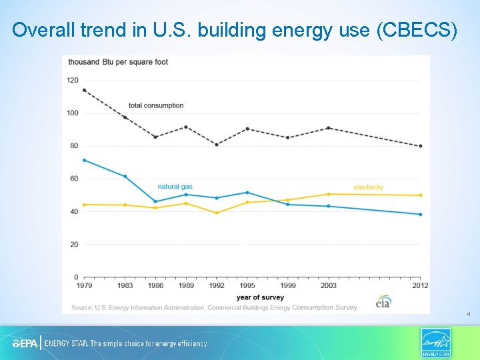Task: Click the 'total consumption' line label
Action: (156, 105)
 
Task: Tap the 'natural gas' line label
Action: (175, 187)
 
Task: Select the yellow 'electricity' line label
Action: (368, 187)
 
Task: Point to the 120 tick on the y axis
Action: (72, 80)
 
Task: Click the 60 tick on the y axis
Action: (73, 179)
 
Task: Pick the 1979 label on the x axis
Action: (84, 285)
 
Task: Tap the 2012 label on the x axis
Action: (420, 285)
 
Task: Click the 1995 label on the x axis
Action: (247, 285)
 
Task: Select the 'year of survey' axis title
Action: (260, 297)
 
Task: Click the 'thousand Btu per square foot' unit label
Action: (117, 62)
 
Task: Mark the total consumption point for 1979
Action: (84, 90)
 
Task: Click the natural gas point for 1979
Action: (84, 160)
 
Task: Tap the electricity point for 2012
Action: (420, 195)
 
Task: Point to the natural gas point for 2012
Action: (420, 214)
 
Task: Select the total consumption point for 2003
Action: (328, 128)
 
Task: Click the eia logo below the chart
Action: (383, 301)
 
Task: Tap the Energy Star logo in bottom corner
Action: (435, 343)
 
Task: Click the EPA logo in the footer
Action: (25, 343)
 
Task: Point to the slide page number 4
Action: (469, 313)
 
